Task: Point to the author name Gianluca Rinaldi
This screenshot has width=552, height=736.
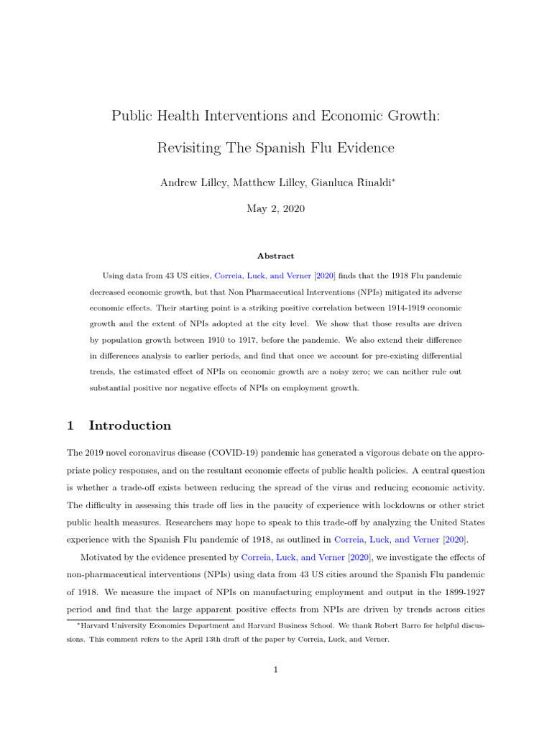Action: coord(351,183)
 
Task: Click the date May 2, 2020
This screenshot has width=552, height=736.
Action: coord(275,209)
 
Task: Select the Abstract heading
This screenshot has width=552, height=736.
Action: coord(275,256)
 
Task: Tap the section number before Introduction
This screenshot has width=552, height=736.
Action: coord(70,425)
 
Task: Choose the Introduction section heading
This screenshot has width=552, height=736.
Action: coord(130,425)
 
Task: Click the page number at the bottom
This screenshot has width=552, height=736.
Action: coord(275,670)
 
